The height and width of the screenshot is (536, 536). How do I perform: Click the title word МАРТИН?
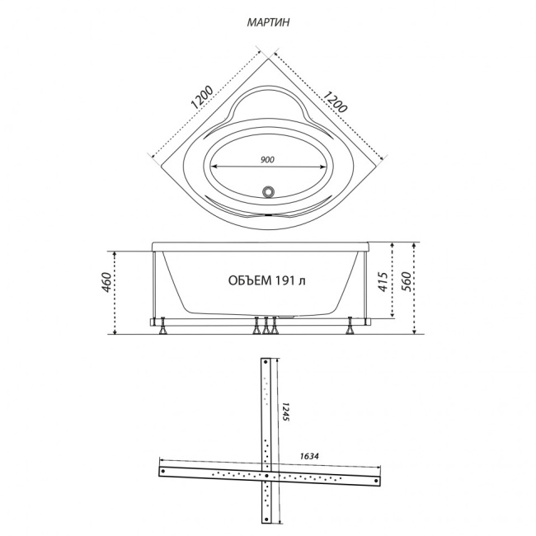pos(268,22)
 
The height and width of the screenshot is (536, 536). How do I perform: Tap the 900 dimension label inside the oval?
pos(267,160)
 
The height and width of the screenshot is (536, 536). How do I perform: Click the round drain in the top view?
pos(268,191)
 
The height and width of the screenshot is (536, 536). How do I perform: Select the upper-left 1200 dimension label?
pos(202,97)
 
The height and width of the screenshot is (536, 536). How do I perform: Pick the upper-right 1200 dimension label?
pos(336,102)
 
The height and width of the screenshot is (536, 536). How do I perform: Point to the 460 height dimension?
pos(106,282)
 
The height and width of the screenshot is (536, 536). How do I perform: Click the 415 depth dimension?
pos(383,282)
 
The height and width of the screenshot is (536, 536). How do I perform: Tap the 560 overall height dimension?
pos(406,282)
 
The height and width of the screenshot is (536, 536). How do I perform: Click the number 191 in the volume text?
pos(284,280)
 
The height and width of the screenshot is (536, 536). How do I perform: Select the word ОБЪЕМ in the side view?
pos(250,280)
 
